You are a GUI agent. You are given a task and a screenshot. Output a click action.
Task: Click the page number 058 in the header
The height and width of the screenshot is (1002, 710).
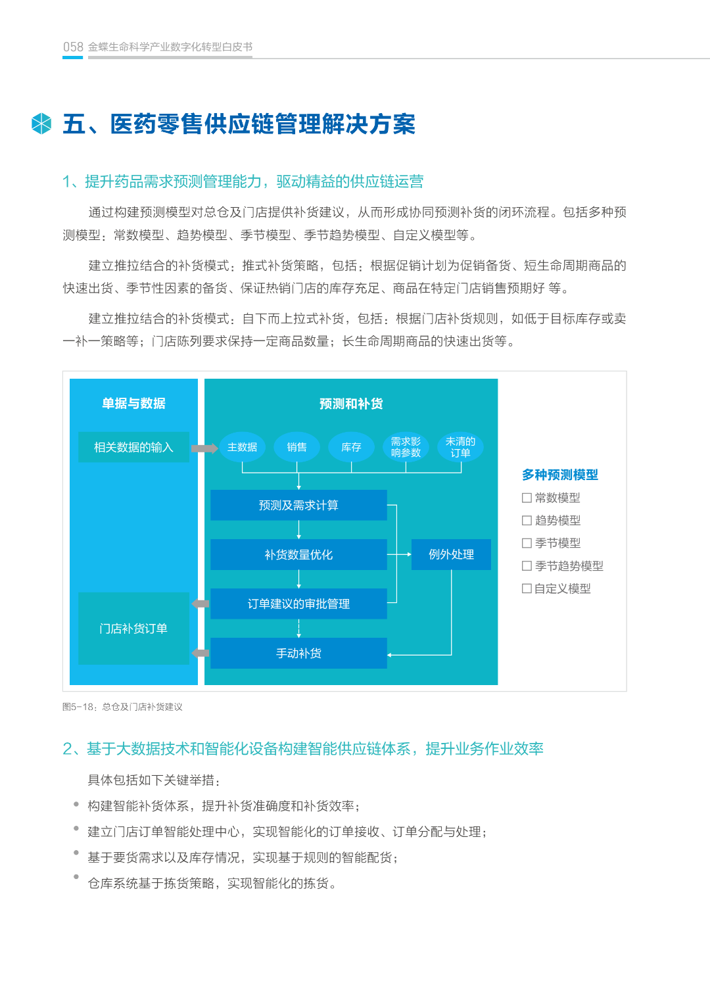coord(73,47)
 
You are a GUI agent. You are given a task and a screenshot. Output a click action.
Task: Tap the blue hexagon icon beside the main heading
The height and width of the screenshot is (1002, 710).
coord(41,124)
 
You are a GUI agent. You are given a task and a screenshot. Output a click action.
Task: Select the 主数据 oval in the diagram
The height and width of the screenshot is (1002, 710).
coord(242,447)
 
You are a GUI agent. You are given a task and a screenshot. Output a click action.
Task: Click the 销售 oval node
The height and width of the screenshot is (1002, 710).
coord(296,447)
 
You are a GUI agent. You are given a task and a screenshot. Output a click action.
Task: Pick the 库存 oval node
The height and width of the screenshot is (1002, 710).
coord(351,447)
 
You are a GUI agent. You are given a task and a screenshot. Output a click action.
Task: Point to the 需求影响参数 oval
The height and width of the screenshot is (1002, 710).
coord(406,447)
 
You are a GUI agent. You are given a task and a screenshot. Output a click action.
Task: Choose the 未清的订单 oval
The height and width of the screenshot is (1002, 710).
coord(460,447)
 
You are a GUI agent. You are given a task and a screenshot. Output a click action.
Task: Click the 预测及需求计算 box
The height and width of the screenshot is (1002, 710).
coord(298,505)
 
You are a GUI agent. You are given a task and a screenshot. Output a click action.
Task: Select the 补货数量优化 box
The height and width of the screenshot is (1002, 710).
coord(298,554)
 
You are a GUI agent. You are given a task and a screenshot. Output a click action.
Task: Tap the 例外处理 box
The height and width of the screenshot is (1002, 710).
coord(451,554)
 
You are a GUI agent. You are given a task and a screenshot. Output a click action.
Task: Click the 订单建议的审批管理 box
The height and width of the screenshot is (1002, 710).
coord(298,604)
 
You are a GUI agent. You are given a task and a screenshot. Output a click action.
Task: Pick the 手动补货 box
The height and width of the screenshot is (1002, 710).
coord(298,653)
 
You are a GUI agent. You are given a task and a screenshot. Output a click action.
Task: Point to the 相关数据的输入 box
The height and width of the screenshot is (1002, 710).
coord(133,447)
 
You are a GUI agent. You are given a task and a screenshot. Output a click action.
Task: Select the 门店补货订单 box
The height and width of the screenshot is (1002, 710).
coord(133,629)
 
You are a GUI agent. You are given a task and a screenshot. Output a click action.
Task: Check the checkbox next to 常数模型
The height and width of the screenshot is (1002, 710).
coord(527,498)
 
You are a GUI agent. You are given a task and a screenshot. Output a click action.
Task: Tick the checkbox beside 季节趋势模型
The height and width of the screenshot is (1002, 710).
coord(527,565)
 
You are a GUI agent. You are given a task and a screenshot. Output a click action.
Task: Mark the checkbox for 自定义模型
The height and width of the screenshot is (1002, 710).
coord(527,588)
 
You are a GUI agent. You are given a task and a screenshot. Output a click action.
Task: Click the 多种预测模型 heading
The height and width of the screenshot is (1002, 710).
coord(560,475)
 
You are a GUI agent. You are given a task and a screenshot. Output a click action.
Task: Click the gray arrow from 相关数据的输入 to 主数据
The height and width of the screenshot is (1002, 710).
coord(204,448)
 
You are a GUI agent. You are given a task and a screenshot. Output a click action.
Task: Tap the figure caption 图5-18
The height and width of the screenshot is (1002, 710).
coord(122,707)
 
